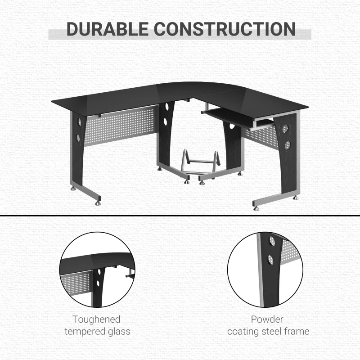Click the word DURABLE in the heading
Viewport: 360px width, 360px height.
tap(106, 29)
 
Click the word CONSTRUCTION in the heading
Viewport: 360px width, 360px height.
tap(225, 29)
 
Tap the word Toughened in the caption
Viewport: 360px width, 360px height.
tap(97, 319)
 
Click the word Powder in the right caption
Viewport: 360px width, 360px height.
tap(268, 319)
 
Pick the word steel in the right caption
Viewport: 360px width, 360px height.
tap(272, 332)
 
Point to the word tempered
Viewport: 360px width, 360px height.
tap(85, 332)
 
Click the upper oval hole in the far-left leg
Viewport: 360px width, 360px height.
tap(78, 121)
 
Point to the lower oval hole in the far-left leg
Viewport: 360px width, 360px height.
tap(78, 136)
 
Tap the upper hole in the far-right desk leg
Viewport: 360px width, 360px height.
tap(285, 130)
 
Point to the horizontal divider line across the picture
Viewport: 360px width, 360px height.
tap(180, 215)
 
